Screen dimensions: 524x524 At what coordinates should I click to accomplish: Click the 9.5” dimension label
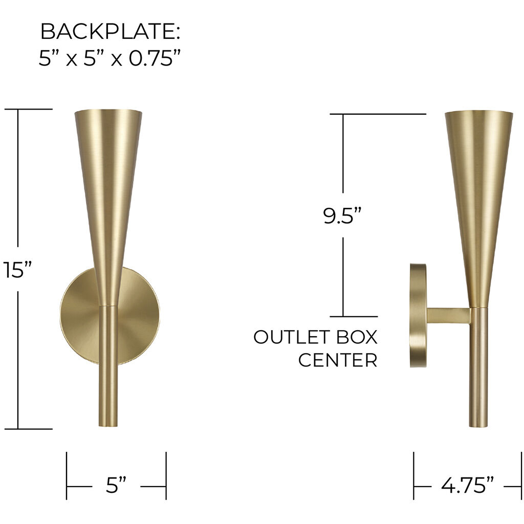coord(342,216)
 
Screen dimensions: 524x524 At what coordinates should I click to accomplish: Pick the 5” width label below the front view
coord(116,485)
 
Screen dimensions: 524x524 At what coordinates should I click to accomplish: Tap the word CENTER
coord(338,360)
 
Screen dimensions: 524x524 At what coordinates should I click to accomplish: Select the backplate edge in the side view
coord(418,316)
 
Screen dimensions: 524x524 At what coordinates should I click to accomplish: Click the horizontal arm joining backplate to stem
coord(448,315)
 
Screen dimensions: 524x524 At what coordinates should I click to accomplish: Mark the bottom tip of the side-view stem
coord(479,425)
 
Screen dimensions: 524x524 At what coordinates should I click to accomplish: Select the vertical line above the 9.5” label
coord(343,154)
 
